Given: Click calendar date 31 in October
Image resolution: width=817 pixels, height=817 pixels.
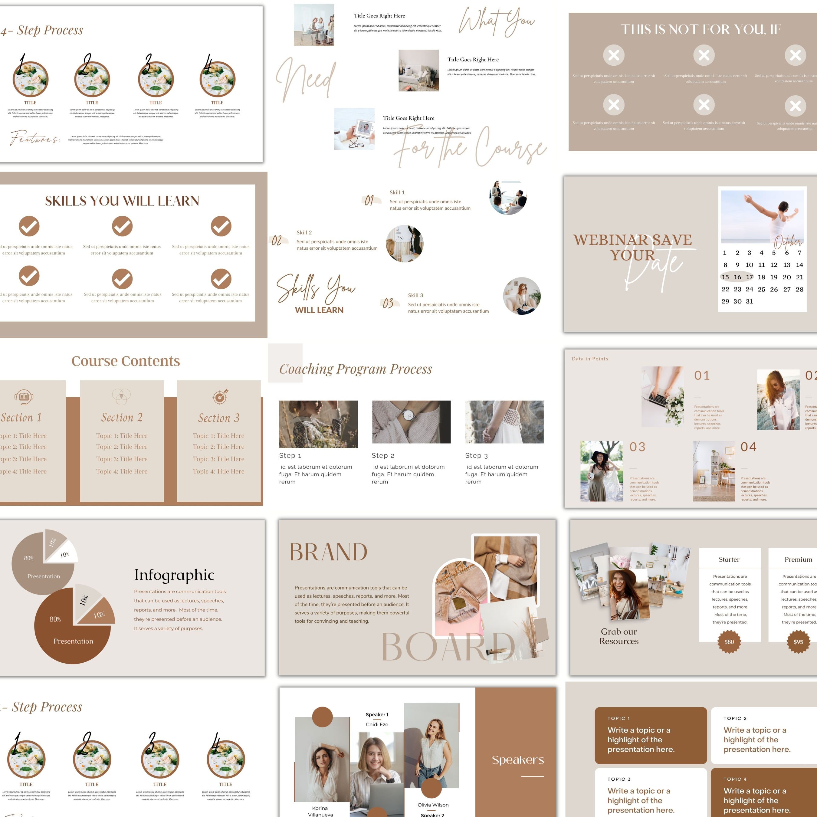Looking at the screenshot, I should (749, 301).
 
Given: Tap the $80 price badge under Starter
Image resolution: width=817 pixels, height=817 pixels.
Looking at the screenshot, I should (729, 641).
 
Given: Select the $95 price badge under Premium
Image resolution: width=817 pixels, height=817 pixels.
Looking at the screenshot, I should (798, 641).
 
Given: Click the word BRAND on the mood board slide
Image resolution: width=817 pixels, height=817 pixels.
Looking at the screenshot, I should (328, 552).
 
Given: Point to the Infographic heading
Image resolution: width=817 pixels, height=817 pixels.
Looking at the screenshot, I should (174, 575).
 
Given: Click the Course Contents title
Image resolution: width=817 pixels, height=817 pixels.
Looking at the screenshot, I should (126, 361).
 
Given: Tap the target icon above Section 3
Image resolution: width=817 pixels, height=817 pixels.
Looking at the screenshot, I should (220, 397).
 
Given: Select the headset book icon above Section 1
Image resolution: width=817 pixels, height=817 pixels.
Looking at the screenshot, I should (24, 397).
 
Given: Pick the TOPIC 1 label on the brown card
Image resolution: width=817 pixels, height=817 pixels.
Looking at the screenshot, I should (619, 718).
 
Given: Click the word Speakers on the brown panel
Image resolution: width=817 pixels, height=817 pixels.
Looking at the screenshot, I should (518, 760).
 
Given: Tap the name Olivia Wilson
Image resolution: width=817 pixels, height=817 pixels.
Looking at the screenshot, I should (433, 805).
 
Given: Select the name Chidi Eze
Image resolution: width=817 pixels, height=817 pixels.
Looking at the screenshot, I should (377, 724).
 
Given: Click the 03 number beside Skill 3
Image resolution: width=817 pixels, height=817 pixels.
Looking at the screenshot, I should (388, 303).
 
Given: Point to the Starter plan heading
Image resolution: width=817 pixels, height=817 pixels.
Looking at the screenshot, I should (729, 559).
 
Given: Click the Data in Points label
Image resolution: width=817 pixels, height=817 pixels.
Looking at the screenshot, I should (590, 359).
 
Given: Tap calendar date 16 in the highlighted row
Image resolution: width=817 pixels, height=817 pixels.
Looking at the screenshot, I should (737, 277).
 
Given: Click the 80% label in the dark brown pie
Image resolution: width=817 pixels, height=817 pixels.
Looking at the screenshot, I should (55, 619).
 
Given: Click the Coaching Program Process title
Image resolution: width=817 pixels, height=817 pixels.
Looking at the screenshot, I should (356, 369).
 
